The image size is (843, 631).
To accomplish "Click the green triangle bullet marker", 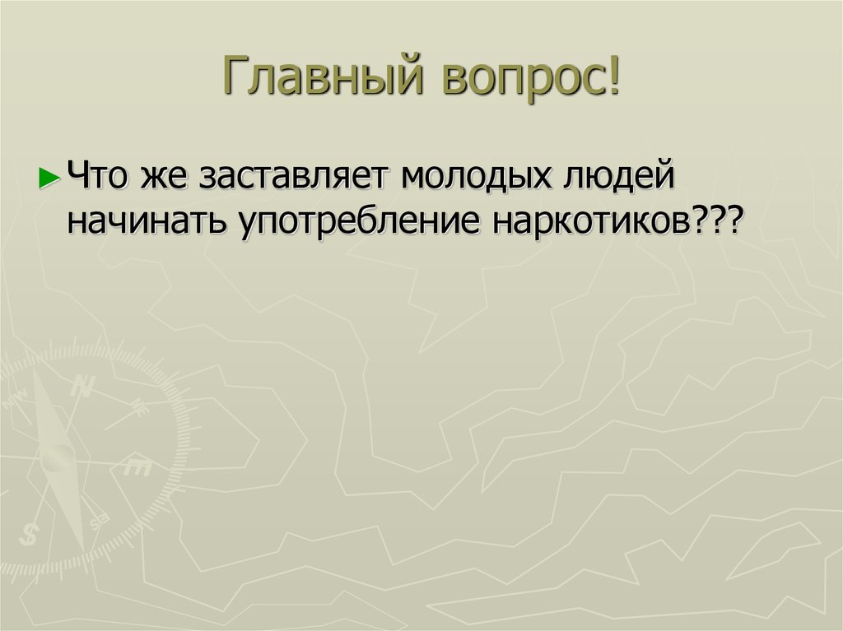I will (49, 178).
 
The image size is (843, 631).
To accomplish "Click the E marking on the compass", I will (137, 468).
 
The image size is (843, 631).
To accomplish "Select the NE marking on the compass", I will (139, 405).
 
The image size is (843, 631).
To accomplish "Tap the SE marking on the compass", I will (100, 522).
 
